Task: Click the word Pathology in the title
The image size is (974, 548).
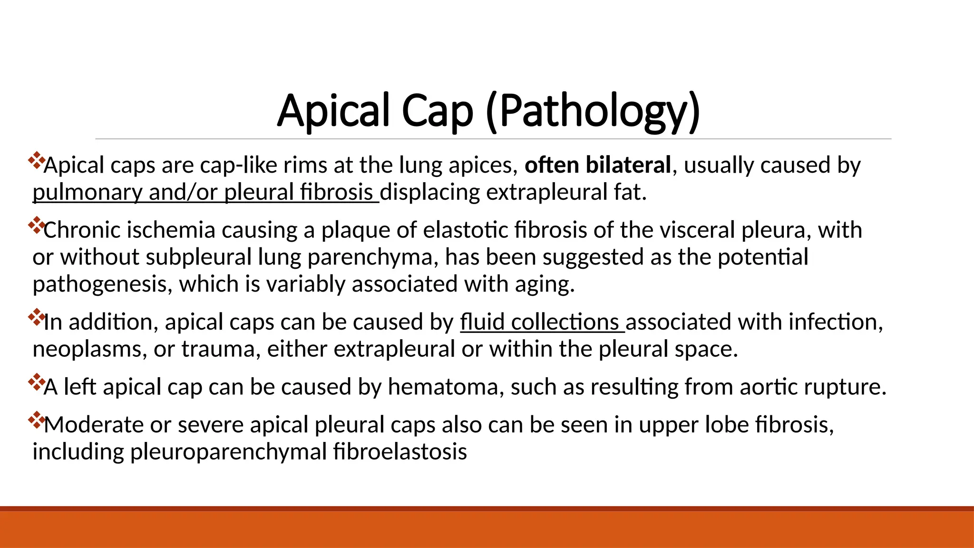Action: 593,111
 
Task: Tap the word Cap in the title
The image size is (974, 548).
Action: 437,111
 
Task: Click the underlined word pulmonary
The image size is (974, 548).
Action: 87,193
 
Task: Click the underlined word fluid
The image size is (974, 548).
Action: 482,322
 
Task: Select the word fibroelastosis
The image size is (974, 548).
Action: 400,451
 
